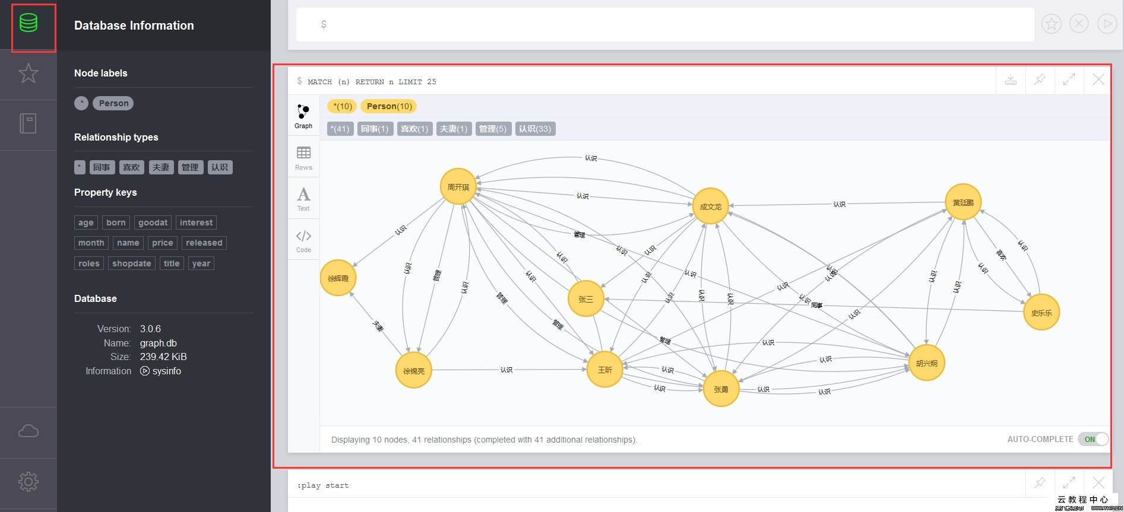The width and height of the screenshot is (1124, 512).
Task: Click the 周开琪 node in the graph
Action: pyautogui.click(x=458, y=187)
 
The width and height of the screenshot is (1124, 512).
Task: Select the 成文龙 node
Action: pyautogui.click(x=710, y=206)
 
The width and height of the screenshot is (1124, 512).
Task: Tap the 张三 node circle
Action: pyautogui.click(x=585, y=299)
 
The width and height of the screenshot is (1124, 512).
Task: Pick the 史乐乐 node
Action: pyautogui.click(x=1041, y=313)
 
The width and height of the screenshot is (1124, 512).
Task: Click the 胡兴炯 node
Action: pyautogui.click(x=926, y=363)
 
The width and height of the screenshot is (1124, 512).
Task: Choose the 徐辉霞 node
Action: pyautogui.click(x=338, y=278)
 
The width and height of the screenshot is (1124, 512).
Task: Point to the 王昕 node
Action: pyautogui.click(x=604, y=370)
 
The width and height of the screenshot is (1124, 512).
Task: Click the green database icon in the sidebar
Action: pyautogui.click(x=29, y=24)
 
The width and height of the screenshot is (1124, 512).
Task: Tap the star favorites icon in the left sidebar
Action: pyautogui.click(x=29, y=74)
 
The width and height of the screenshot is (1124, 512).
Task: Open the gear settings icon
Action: pyautogui.click(x=29, y=481)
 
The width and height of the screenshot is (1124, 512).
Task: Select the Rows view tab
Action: pyautogui.click(x=303, y=158)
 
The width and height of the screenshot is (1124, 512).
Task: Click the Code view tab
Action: pyautogui.click(x=303, y=241)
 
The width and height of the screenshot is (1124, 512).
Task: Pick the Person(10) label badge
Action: pyautogui.click(x=389, y=106)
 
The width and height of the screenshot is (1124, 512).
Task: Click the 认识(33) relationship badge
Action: pyautogui.click(x=535, y=129)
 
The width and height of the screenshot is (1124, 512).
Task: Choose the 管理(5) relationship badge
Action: pyautogui.click(x=492, y=129)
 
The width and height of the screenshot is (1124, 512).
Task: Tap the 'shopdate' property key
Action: pyautogui.click(x=131, y=263)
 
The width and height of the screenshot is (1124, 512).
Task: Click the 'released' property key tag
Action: pyautogui.click(x=204, y=243)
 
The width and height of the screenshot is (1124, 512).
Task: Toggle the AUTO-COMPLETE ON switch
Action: pyautogui.click(x=1093, y=439)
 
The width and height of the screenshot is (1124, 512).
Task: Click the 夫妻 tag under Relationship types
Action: pyautogui.click(x=160, y=167)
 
